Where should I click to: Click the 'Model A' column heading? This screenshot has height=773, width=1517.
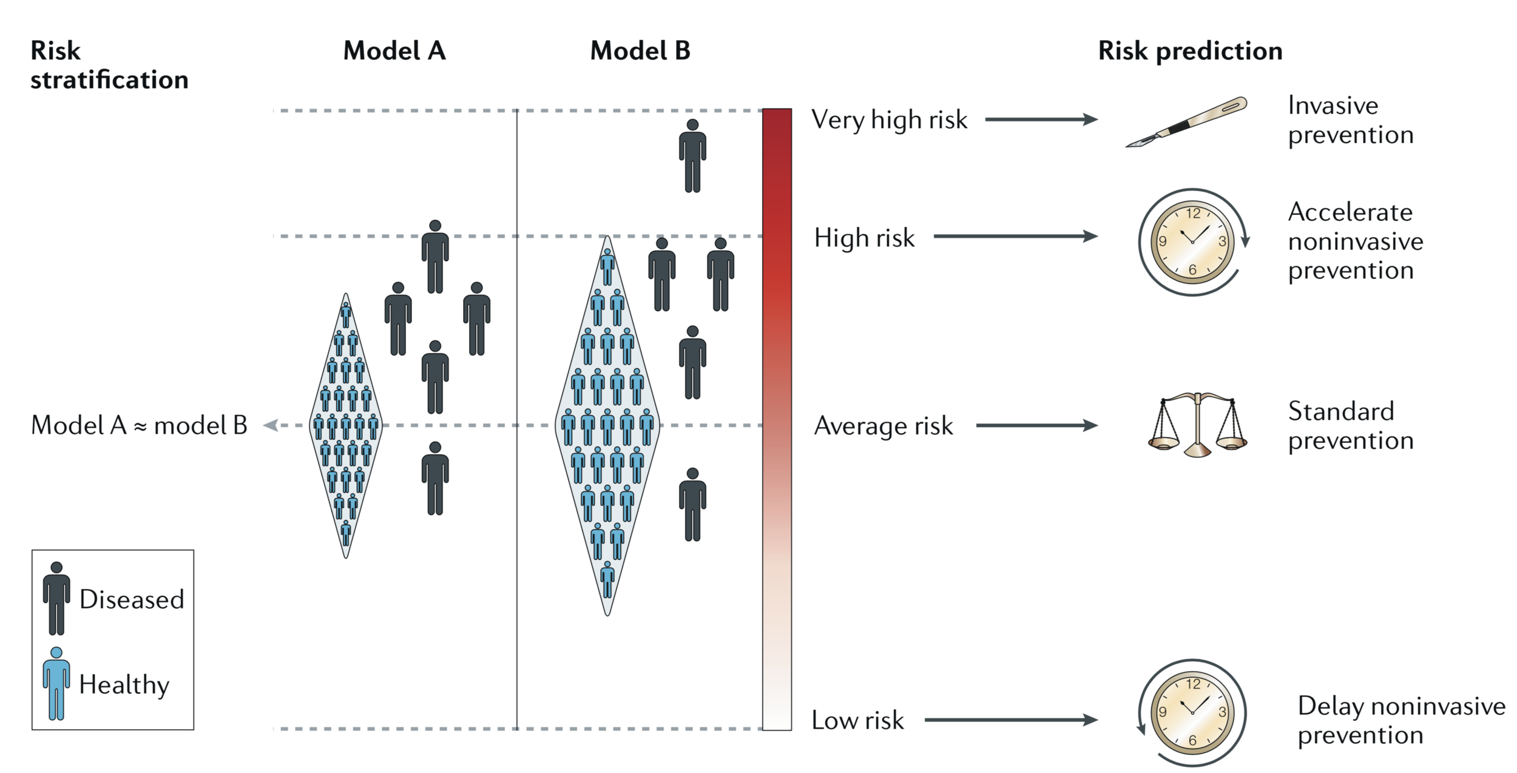[x=394, y=51]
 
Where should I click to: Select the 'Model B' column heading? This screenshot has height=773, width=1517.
[x=640, y=51]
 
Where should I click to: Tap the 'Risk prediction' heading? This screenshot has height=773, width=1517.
[x=1190, y=51]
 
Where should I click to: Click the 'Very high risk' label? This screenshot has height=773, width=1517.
[x=889, y=120]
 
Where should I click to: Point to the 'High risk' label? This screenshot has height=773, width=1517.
[x=864, y=238]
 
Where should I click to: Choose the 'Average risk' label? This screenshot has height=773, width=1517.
[x=883, y=426]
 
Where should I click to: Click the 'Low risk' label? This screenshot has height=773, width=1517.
[x=857, y=720]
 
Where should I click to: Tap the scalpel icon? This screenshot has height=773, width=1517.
[x=1186, y=121]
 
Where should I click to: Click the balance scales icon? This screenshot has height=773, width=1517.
[x=1197, y=425]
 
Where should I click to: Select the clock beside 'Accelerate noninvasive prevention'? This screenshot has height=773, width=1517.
[x=1192, y=241]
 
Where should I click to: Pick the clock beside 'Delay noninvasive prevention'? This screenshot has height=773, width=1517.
[x=1192, y=712]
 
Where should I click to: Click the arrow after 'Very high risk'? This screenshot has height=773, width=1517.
[x=1041, y=120]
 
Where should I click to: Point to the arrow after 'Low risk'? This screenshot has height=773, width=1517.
[x=1010, y=720]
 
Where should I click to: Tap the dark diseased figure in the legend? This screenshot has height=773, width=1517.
[x=56, y=598]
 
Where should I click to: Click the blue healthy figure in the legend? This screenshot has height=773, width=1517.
[x=56, y=684]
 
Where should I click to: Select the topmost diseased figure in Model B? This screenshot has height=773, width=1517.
[x=692, y=156]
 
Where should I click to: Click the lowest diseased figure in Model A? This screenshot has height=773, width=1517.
[x=435, y=478]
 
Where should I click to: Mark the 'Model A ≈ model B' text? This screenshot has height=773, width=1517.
[x=139, y=426]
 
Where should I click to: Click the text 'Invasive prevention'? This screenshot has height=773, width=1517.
[x=1350, y=120]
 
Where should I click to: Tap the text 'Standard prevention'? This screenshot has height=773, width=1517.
[x=1350, y=426]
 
